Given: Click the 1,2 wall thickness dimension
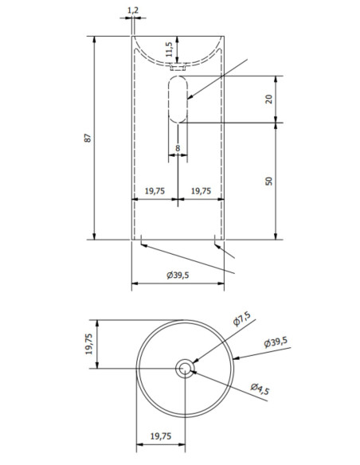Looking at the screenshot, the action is coord(133,10).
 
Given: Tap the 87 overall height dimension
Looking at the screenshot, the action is coord(88,138).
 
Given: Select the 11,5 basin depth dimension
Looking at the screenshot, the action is coord(169,49).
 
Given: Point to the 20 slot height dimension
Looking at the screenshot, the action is coord(268,99).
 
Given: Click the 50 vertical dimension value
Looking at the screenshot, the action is coord(268,182).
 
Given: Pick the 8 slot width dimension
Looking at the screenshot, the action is coord(178,148).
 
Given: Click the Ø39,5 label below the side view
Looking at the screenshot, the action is coord(178,275).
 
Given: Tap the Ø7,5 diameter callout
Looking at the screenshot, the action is coord(241,318).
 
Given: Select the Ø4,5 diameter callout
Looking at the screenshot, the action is coord(260,389).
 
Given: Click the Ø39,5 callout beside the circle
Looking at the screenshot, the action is coord(276,342).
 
